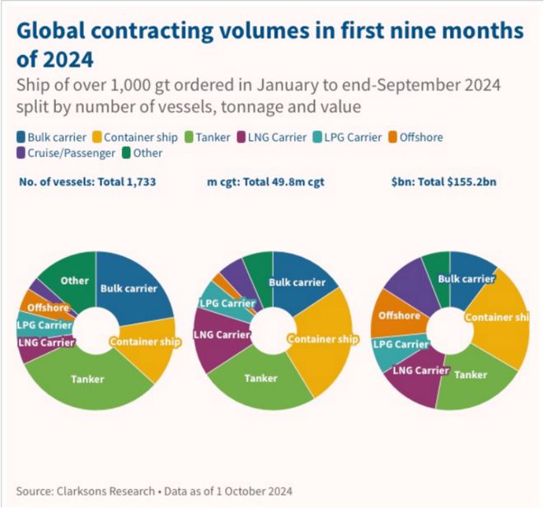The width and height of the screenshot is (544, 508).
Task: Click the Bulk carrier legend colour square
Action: tap(21, 138)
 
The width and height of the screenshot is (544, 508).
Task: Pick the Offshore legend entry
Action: tap(425, 138)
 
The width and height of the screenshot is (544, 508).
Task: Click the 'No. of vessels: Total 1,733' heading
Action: tap(86, 179)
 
